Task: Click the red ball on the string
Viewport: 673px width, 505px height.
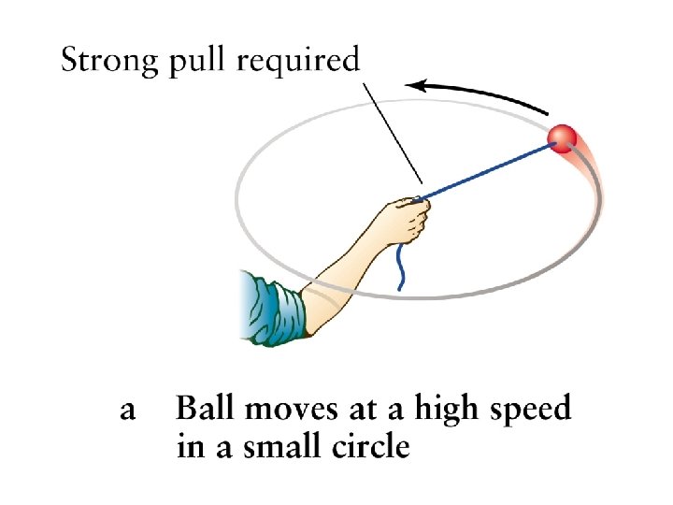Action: pyautogui.click(x=564, y=137)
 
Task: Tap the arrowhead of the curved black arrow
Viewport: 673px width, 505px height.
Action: pyautogui.click(x=418, y=86)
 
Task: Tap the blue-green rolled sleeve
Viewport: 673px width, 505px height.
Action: pyautogui.click(x=272, y=305)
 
